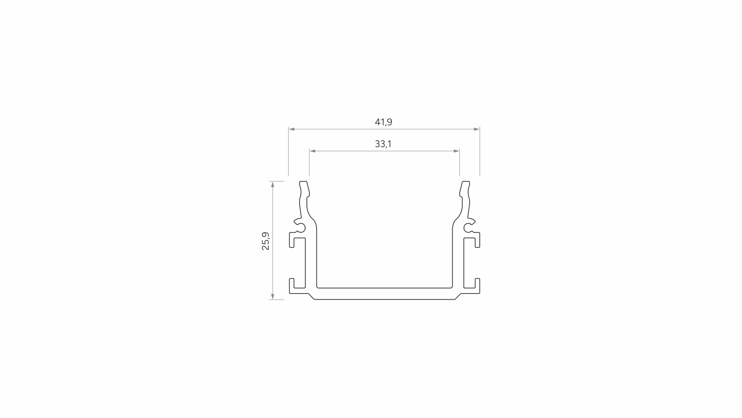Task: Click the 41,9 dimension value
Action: (383, 122)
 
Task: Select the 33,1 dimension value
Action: (383, 144)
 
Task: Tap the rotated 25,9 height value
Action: (266, 241)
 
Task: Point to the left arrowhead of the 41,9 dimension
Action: (292, 129)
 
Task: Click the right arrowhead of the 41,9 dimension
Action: (477, 129)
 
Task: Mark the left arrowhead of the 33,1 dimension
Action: (312, 151)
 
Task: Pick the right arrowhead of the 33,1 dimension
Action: (457, 151)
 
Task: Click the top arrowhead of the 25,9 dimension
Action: (273, 184)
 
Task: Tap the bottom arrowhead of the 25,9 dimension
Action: (273, 297)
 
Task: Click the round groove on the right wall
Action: (468, 228)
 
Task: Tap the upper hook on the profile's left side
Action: (292, 240)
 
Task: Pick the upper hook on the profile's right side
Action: (478, 240)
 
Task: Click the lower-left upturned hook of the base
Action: (292, 284)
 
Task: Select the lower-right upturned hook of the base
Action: (478, 284)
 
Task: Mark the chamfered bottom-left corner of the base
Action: (311, 297)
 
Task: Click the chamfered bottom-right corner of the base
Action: (458, 297)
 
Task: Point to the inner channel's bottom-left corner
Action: (318, 287)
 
